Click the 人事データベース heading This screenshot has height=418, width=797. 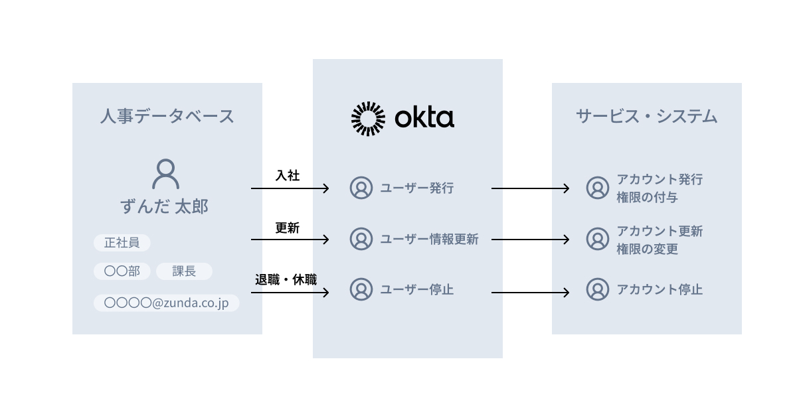coord(167,117)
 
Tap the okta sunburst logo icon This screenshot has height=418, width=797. coord(368,119)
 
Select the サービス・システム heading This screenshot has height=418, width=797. coord(646,117)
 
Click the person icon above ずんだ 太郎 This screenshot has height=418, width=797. coord(165,174)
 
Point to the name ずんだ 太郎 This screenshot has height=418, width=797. coord(165,207)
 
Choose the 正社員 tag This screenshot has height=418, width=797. coord(122,243)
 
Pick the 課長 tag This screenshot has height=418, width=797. coord(184,271)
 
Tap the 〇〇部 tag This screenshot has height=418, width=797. coord(122,271)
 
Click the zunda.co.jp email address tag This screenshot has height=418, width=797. coord(166,303)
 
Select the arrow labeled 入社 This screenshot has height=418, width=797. coord(290,188)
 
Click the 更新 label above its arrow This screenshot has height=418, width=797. coord(287,228)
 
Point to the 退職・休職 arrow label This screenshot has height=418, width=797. coord(286,279)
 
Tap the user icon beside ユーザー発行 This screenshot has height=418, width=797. coord(361,188)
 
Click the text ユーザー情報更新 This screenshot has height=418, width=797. coord(428,240)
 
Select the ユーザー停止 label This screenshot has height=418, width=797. coord(416,290)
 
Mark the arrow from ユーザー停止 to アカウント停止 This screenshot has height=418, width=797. coord(530,292)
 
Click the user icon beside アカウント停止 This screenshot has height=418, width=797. coord(598,289)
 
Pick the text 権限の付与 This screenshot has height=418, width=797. coord(647,198)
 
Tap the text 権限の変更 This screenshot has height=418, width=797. coord(647,249)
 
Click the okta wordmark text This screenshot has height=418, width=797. coord(424,118)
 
